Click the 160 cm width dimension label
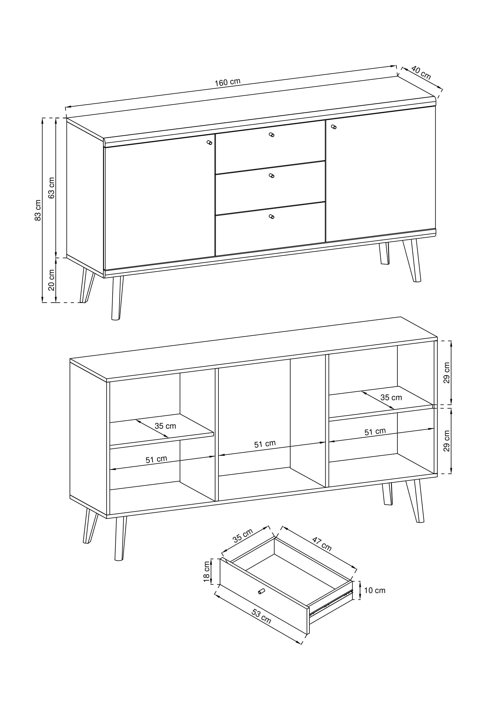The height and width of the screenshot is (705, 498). tap(227, 82)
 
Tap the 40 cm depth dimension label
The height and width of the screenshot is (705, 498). tap(421, 72)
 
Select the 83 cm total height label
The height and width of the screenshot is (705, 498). tap(38, 210)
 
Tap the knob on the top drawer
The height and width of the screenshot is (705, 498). tap(271, 134)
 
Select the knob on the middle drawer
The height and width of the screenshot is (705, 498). tap(271, 176)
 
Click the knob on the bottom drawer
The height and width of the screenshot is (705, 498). tap(271, 216)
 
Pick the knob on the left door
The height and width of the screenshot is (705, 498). tap(210, 142)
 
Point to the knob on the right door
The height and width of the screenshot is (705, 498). tap(334, 127)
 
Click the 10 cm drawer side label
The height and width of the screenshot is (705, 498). tap(375, 590)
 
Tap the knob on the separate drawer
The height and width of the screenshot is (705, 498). tap(262, 591)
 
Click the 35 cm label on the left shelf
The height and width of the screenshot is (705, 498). tap(165, 426)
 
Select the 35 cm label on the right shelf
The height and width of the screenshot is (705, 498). tap(391, 398)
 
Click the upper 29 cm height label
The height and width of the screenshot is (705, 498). tap(446, 373)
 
